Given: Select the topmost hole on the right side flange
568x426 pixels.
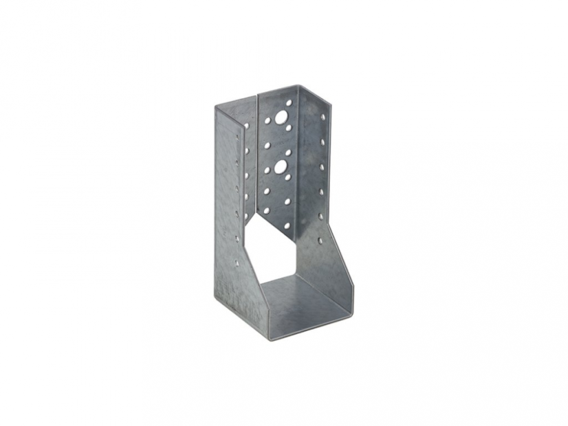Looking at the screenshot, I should coord(322,117).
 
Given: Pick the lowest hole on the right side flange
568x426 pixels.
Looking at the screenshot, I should coord(320,242).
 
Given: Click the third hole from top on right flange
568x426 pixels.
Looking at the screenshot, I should coord(322,166).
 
